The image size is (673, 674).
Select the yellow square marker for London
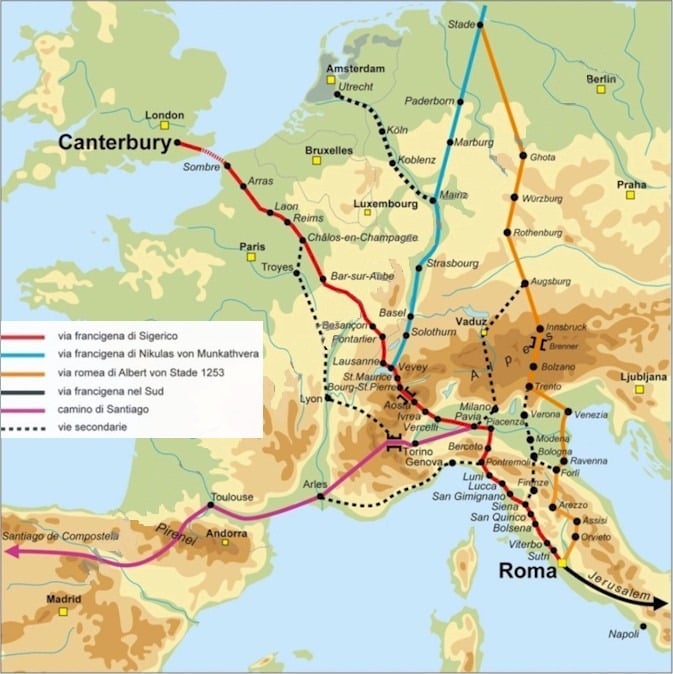pos(166,126)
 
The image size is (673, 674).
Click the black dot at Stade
pos(479,23)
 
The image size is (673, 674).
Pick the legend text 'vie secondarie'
pos(94,428)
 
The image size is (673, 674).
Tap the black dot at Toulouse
pos(211,506)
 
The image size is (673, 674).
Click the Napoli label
pos(623,633)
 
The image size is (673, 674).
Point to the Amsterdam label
pos(355,68)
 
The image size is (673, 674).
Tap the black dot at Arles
pos(320,497)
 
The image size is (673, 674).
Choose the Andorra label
pos(224,534)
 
